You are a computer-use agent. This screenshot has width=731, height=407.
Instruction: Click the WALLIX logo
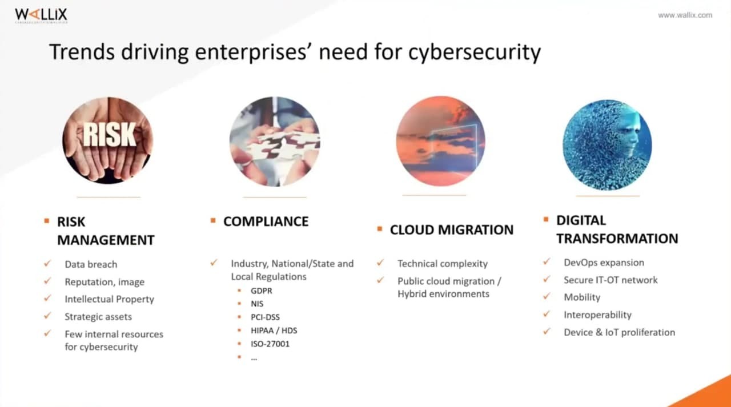point(41,15)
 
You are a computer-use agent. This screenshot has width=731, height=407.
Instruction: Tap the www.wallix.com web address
point(685,15)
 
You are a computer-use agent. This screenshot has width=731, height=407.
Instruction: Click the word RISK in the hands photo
point(109,135)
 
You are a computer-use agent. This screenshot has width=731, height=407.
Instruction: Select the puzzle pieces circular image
point(275,142)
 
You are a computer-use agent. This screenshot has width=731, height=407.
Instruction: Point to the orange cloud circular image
point(440,141)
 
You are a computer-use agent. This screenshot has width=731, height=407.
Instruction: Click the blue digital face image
point(607,145)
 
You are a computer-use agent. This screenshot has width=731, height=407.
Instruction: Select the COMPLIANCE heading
point(266,221)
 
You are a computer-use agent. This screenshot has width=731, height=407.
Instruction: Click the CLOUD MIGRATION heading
point(452,230)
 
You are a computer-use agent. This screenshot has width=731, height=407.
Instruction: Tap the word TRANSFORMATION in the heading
point(617,239)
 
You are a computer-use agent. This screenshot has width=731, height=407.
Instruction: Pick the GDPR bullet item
point(261,291)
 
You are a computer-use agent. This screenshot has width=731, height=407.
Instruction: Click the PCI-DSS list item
point(265,317)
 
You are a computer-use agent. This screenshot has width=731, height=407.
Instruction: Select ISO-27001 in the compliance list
point(270,344)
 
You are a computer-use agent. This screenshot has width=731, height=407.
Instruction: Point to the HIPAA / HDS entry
point(274,331)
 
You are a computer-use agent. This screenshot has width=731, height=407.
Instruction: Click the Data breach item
point(91,264)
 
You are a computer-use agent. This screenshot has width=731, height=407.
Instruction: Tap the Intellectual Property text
point(109,299)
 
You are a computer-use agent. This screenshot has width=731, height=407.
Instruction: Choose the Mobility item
point(582,297)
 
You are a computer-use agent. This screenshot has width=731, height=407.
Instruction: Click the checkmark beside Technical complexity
point(380,263)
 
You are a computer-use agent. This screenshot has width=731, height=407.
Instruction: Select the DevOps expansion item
point(604,263)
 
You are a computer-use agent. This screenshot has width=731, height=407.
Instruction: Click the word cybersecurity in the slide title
point(475,52)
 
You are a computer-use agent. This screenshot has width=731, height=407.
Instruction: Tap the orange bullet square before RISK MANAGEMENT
point(47,221)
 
